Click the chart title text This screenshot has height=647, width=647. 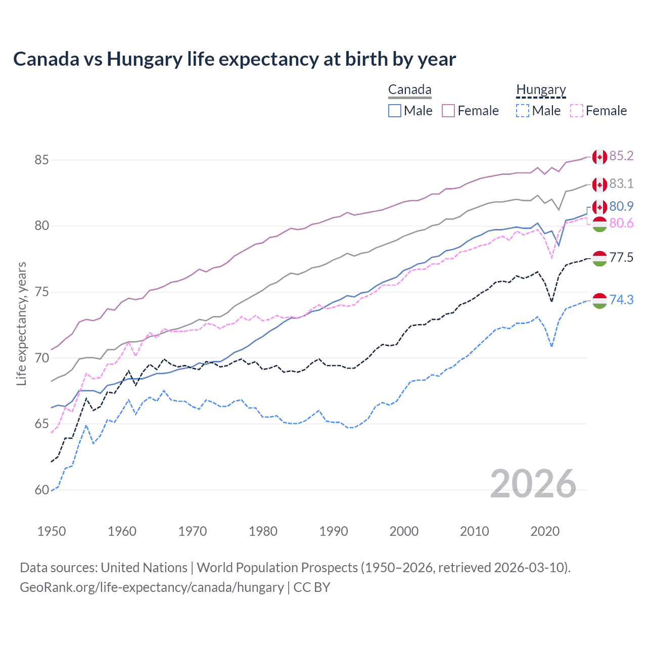pyautogui.click(x=235, y=59)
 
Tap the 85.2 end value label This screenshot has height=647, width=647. pyautogui.click(x=621, y=156)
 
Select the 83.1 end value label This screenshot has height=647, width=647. pyautogui.click(x=621, y=183)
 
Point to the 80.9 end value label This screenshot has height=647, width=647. pyautogui.click(x=621, y=206)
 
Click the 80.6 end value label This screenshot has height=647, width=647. pyautogui.click(x=621, y=223)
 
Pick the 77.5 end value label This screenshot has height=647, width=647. pyautogui.click(x=621, y=257)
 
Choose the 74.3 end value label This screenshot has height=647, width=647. pyautogui.click(x=621, y=300)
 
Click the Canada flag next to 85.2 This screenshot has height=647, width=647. pyautogui.click(x=599, y=157)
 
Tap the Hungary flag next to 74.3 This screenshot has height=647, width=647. pyautogui.click(x=599, y=301)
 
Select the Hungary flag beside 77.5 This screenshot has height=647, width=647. pyautogui.click(x=599, y=258)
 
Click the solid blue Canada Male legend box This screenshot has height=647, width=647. pyautogui.click(x=395, y=111)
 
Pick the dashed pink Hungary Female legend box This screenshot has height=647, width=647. pyautogui.click(x=577, y=111)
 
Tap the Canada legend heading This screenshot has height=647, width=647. pyautogui.click(x=409, y=90)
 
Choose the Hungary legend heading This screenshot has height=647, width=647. pyautogui.click(x=541, y=90)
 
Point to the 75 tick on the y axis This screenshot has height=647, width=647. pyautogui.click(x=41, y=292)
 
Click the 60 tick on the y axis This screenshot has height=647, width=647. pyautogui.click(x=41, y=490)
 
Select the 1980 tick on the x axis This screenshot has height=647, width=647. pyautogui.click(x=263, y=531)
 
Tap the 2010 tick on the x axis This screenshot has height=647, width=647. pyautogui.click(x=474, y=531)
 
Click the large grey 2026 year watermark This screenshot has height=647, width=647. pyautogui.click(x=533, y=484)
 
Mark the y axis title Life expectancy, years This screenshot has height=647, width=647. pyautogui.click(x=22, y=323)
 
